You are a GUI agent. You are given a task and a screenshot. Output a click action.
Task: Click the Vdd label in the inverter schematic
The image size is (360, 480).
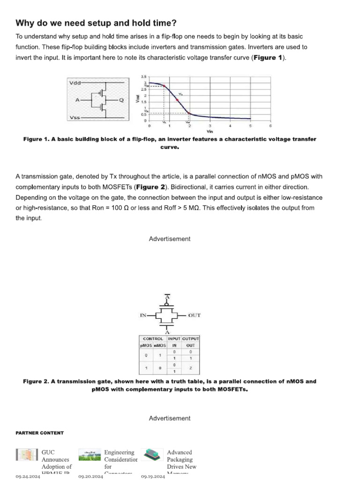point(75,83)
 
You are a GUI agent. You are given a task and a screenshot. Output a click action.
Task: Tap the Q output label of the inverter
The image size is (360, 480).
point(121,100)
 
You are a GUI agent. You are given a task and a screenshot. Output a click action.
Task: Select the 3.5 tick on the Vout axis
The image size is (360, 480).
point(144,76)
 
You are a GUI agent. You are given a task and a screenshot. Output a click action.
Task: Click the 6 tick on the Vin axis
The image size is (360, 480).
point(270,126)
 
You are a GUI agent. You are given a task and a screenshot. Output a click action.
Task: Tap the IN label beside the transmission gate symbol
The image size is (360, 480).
point(144,315)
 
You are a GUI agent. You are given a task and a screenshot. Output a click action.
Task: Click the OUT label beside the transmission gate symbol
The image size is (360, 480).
point(194,315)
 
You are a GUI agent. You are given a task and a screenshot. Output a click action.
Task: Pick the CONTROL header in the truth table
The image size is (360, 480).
point(153,338)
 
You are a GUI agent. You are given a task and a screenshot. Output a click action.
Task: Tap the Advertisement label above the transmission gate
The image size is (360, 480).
point(170,239)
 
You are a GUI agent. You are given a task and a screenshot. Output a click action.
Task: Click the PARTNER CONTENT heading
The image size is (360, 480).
point(40,433)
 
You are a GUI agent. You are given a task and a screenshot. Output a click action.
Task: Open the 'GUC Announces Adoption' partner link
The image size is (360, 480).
point(57,460)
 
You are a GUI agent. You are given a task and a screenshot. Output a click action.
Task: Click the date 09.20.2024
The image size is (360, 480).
point(90,476)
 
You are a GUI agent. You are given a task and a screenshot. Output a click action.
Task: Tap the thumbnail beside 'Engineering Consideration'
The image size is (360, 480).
point(90,455)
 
